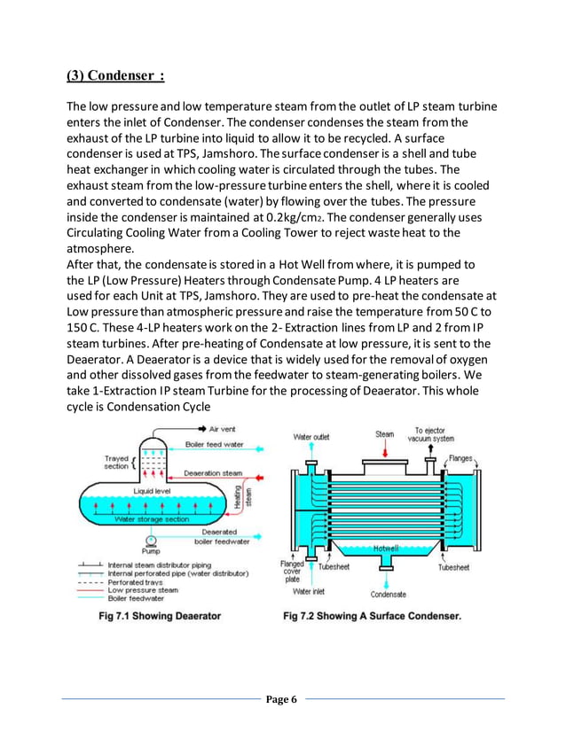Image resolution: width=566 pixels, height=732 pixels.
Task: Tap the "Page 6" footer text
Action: [283, 700]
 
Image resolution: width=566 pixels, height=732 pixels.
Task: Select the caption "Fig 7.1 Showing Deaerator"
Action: [160, 616]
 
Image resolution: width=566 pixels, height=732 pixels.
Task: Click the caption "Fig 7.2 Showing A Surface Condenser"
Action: [372, 616]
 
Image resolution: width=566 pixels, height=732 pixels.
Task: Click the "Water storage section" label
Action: [153, 519]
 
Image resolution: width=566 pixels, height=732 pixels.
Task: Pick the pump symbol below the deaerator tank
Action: [153, 538]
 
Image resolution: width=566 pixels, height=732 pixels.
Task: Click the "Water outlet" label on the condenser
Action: [312, 436]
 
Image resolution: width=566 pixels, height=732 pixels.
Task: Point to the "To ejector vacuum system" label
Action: [431, 434]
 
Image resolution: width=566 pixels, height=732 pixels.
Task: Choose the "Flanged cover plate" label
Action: [292, 572]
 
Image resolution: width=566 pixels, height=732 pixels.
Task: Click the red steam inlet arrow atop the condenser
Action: [383, 451]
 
